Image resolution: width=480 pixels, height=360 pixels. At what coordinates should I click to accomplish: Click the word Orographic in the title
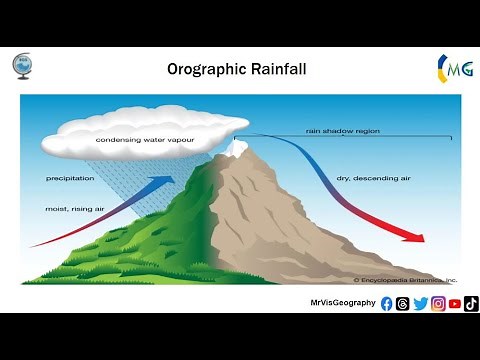click(205, 70)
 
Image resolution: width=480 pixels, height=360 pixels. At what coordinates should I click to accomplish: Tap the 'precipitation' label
click(70, 178)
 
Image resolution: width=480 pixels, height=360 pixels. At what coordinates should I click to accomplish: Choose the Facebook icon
click(387, 304)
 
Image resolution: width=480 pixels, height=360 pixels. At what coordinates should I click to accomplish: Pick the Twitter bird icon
click(420, 304)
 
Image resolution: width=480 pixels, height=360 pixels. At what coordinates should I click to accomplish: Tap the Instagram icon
click(438, 304)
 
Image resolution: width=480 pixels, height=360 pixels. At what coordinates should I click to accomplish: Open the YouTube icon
click(455, 304)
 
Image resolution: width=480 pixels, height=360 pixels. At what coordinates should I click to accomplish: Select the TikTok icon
click(471, 304)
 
